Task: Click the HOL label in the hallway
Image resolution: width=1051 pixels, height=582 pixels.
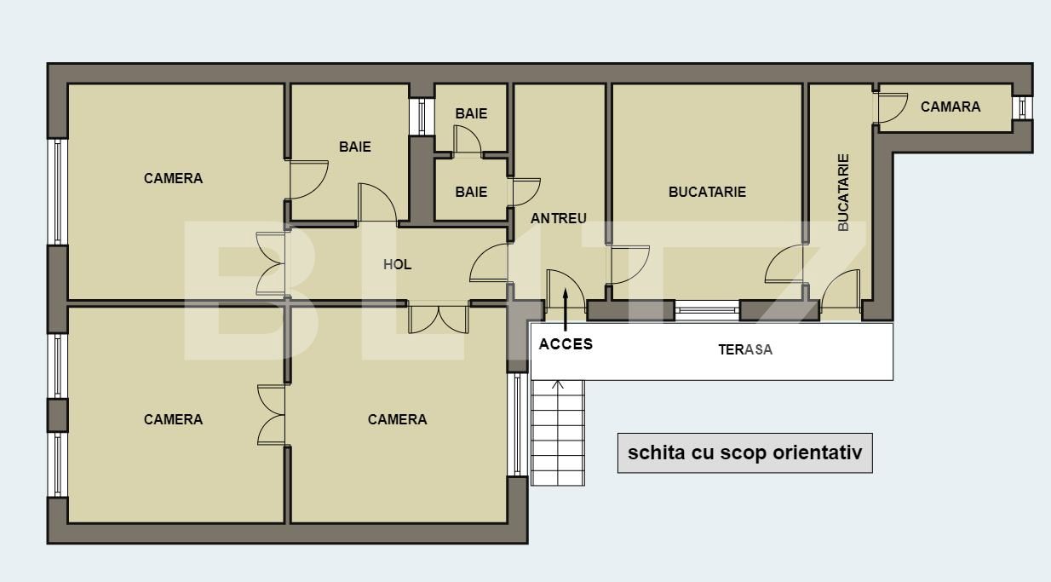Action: click(397, 264)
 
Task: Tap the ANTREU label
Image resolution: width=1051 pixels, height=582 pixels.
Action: click(559, 218)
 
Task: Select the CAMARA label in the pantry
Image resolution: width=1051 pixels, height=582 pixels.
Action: click(950, 107)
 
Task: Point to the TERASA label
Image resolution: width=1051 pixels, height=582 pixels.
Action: click(745, 349)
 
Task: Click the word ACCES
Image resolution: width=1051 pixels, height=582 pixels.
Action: click(566, 344)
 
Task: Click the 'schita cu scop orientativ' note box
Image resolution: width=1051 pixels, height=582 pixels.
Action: click(744, 452)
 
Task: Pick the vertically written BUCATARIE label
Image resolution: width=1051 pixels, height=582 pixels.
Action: click(843, 192)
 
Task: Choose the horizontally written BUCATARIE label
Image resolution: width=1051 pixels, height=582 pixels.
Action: click(707, 192)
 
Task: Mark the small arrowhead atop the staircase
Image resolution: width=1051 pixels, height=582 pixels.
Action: click(558, 385)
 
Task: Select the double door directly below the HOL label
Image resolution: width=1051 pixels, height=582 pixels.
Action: click(438, 318)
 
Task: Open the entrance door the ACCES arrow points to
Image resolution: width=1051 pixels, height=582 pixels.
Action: click(565, 290)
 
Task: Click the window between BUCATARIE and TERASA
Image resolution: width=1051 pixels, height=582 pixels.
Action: click(706, 309)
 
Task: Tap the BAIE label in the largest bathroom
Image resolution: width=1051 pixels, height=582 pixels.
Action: click(354, 147)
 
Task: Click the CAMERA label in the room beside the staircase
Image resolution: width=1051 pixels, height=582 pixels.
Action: click(397, 419)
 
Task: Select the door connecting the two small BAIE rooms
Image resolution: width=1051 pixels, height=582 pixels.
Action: click(467, 141)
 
